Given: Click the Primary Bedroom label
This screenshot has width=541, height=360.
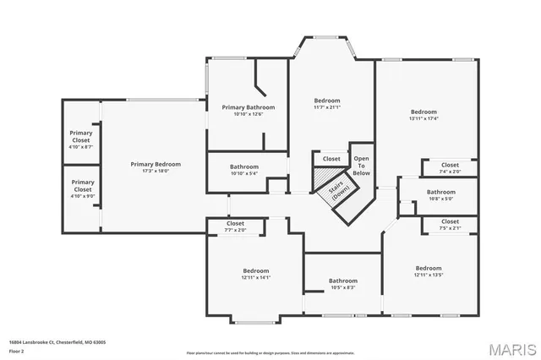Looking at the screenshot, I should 155,164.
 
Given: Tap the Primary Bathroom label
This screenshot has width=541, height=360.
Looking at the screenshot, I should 246,108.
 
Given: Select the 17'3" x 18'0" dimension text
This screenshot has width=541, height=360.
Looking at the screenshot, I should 155,171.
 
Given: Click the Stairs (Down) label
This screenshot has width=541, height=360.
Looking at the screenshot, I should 340,192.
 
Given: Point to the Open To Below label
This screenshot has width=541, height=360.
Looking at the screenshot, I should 361,165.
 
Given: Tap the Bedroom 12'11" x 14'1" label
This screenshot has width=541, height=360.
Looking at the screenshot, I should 255,273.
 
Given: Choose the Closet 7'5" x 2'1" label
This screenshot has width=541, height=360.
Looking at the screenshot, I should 450,224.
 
